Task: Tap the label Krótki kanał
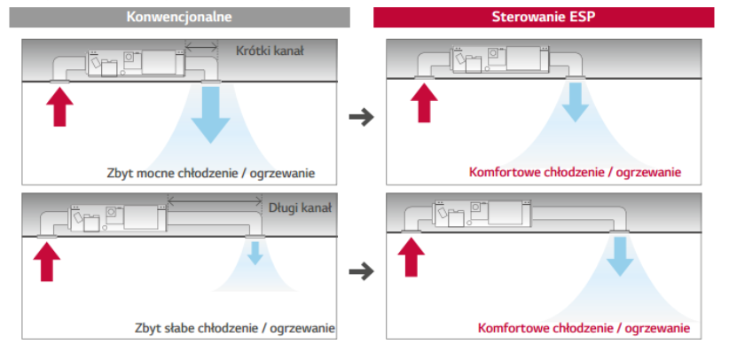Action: pyautogui.click(x=270, y=51)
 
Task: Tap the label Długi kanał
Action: pyautogui.click(x=299, y=208)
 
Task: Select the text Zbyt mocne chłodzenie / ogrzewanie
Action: pyautogui.click(x=208, y=172)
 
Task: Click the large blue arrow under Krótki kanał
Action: pyautogui.click(x=210, y=113)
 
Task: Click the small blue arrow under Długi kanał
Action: pyautogui.click(x=255, y=254)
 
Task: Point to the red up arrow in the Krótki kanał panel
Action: pyautogui.click(x=60, y=108)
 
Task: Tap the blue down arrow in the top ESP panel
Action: pyautogui.click(x=576, y=102)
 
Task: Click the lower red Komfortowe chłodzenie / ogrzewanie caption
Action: pyautogui.click(x=584, y=329)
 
